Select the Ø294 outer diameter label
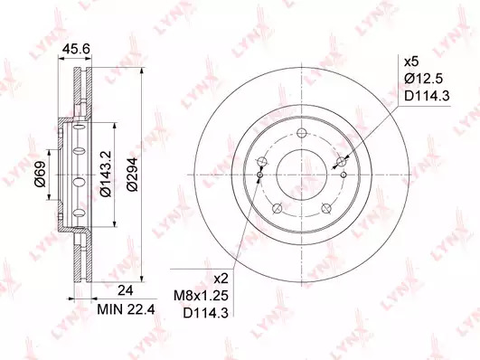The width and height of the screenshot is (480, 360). (x=133, y=175)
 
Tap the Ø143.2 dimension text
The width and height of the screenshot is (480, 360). (x=105, y=174)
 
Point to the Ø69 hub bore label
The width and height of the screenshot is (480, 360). (x=40, y=174)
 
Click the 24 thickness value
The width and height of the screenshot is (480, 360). (x=126, y=290)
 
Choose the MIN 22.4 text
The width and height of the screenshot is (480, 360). (x=126, y=309)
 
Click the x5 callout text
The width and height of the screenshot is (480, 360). (x=411, y=62)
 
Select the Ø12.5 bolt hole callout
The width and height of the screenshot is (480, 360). (x=423, y=79)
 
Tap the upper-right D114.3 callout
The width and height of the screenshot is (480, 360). (x=427, y=96)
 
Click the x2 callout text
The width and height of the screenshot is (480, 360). (x=221, y=279)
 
